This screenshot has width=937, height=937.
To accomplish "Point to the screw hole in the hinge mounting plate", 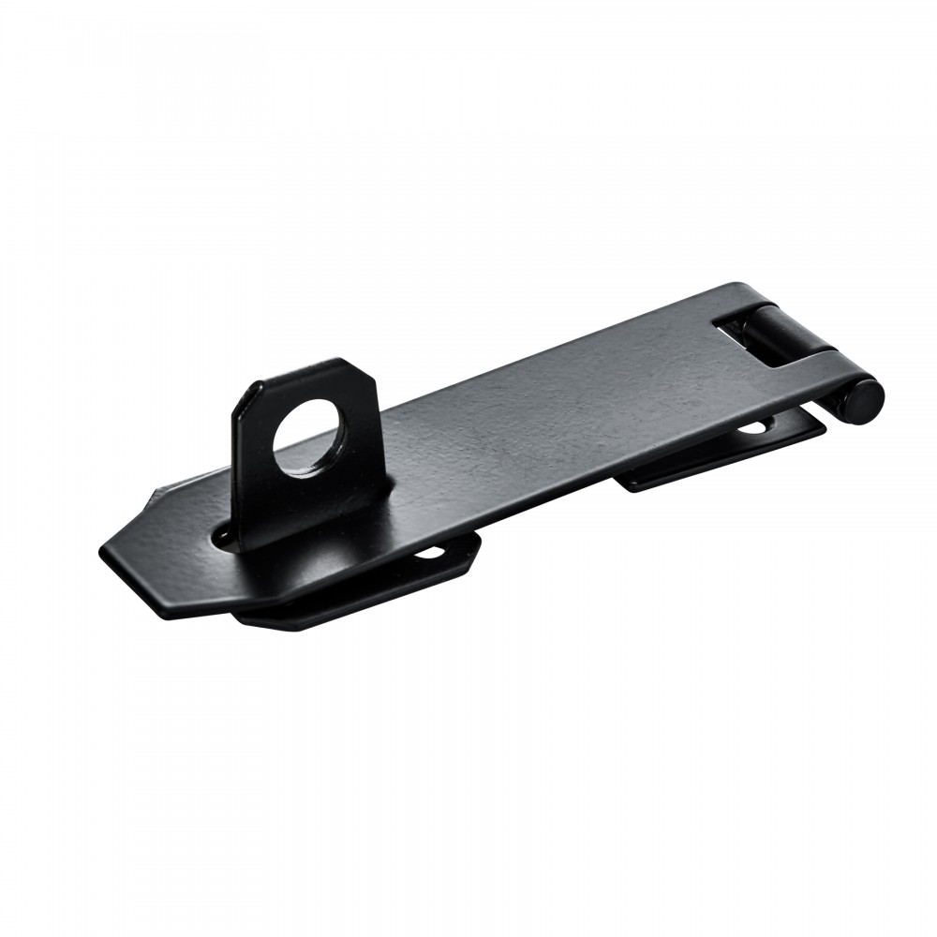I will pos(752,428).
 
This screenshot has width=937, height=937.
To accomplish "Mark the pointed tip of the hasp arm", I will pos(103,551).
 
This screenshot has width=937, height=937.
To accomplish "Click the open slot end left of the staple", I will pos(224,536).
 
